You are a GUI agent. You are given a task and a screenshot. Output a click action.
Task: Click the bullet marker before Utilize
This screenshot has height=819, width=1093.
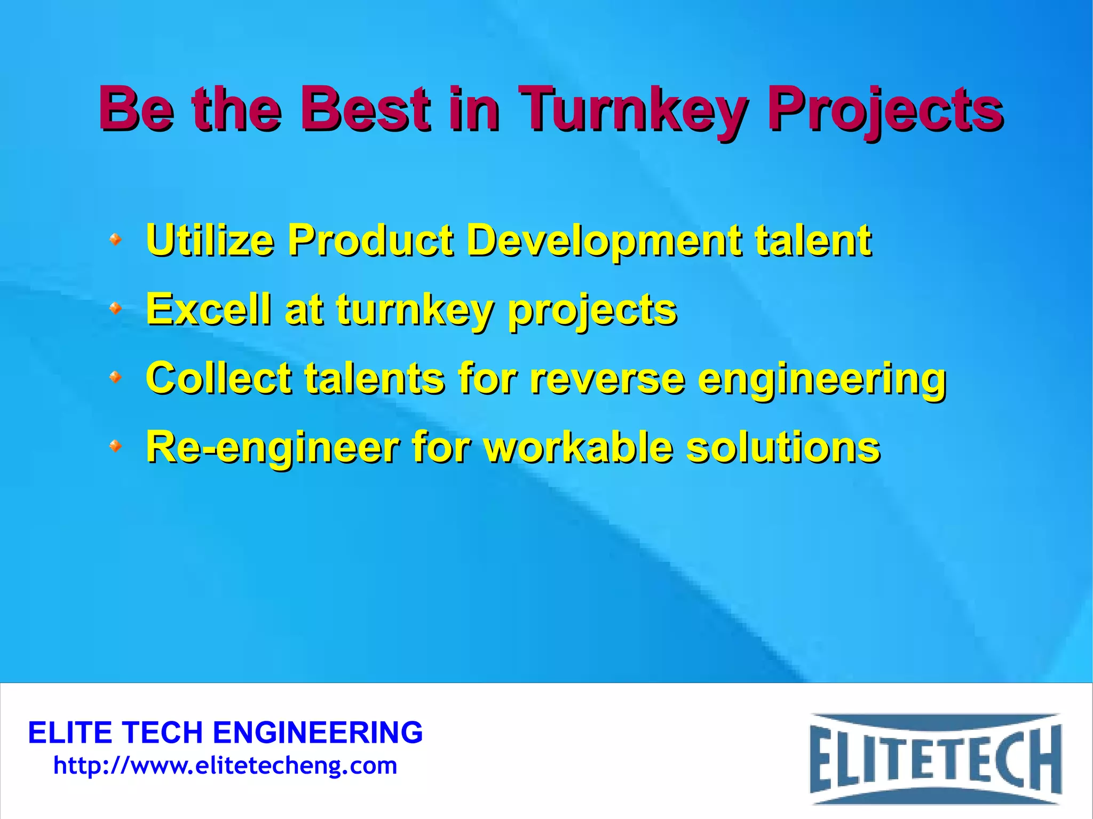pyautogui.click(x=115, y=239)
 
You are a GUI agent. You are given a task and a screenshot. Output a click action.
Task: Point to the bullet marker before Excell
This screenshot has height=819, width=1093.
pyautogui.click(x=115, y=308)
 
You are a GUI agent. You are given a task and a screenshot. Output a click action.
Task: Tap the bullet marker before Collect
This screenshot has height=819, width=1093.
pyautogui.click(x=115, y=378)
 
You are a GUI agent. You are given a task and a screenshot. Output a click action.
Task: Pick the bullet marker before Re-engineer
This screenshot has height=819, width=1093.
pyautogui.click(x=115, y=446)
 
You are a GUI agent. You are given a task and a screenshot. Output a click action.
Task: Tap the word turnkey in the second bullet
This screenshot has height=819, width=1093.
pyautogui.click(x=414, y=311)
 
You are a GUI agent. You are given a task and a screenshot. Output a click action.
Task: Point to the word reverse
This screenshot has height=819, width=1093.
pyautogui.click(x=607, y=378)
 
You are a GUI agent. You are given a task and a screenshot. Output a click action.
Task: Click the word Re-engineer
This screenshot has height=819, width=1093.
pyautogui.click(x=272, y=447)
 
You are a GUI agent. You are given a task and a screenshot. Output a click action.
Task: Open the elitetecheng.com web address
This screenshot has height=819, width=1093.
pyautogui.click(x=225, y=766)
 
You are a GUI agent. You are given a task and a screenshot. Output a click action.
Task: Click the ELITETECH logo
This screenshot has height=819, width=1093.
pyautogui.click(x=935, y=758)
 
